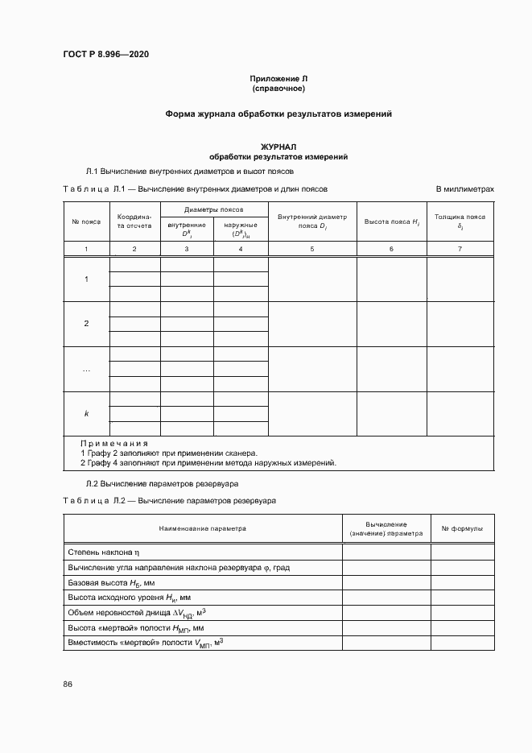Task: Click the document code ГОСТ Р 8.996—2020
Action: coord(105,55)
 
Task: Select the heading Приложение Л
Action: coord(278,78)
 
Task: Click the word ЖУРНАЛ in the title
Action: coord(278,147)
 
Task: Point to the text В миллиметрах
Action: coord(464,188)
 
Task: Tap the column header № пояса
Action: coord(86,221)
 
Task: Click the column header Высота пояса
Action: coord(391,221)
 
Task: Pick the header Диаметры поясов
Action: coord(214,209)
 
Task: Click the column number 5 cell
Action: coord(312,250)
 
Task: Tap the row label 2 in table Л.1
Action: coord(86,324)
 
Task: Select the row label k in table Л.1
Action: coord(86,413)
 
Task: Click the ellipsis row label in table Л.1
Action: coord(86,369)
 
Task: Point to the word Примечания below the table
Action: coord(114,444)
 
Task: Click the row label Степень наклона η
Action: coord(105,552)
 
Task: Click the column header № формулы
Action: coord(462,529)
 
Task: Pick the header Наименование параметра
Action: coord(203,529)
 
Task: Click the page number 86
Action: coord(68,685)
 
